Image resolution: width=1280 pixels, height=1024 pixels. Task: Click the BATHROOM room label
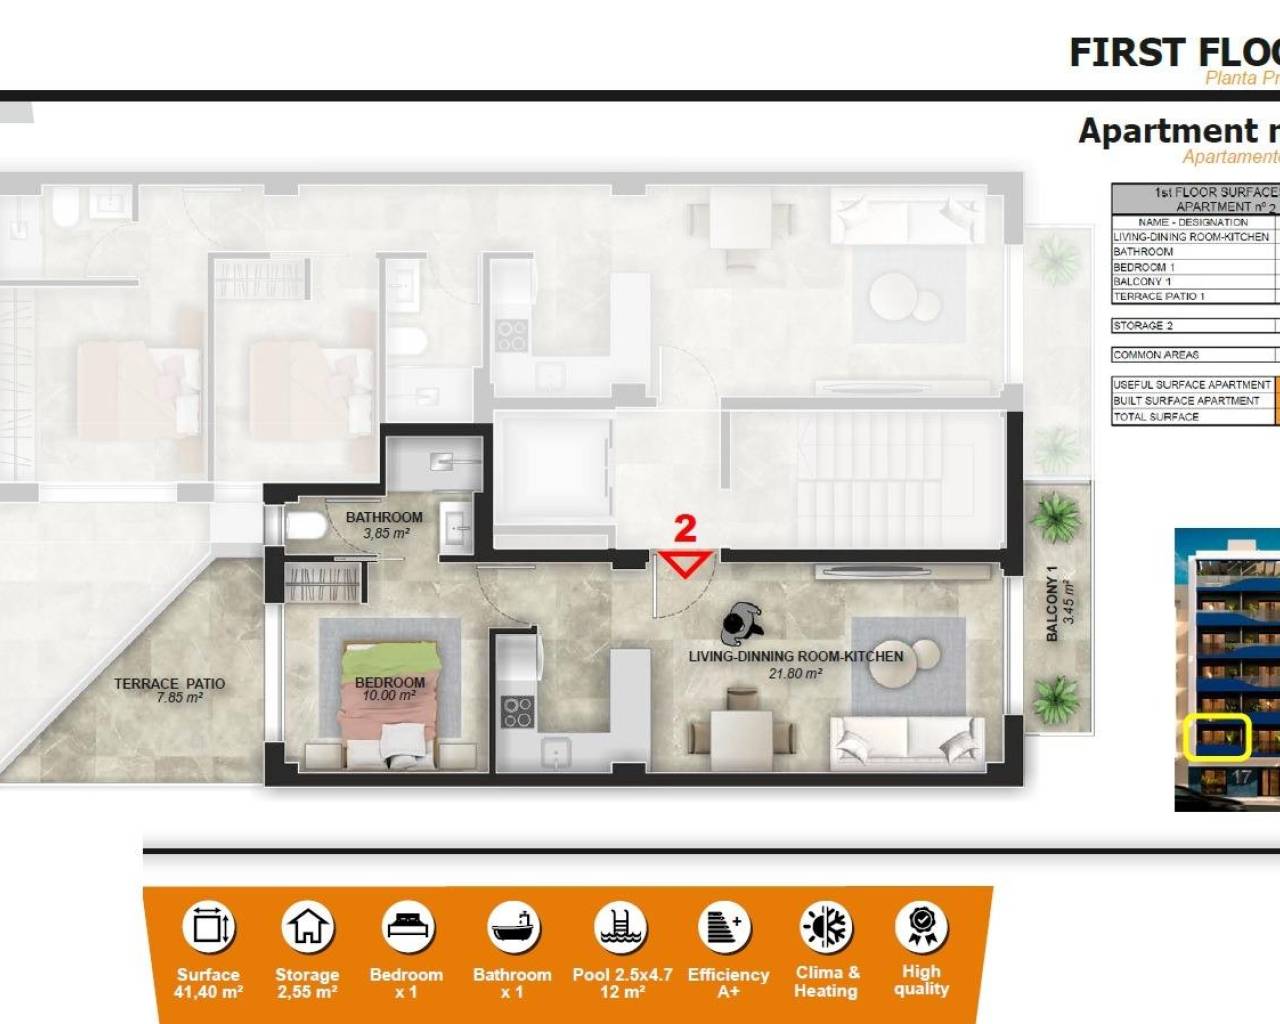[x=384, y=518]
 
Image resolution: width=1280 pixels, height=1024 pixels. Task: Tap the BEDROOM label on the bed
[x=390, y=683]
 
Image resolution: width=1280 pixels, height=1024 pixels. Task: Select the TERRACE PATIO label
[x=169, y=684]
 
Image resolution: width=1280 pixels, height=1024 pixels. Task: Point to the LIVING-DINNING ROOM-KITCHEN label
[x=795, y=657]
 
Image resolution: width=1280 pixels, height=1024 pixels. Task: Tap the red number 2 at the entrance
[x=685, y=528]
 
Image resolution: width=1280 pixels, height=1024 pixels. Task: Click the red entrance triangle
[x=685, y=563]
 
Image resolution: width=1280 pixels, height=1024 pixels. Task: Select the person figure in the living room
[x=741, y=624]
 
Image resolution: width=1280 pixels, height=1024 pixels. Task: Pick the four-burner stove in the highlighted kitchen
[x=517, y=712]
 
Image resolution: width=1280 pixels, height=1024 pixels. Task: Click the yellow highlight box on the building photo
[x=1217, y=738]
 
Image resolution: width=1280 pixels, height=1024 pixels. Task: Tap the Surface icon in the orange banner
[x=208, y=927]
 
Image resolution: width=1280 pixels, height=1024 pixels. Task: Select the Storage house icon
[x=307, y=927]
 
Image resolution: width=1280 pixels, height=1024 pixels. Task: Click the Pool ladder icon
[x=621, y=927]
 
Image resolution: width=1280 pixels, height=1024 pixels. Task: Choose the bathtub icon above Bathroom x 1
[x=513, y=927]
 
